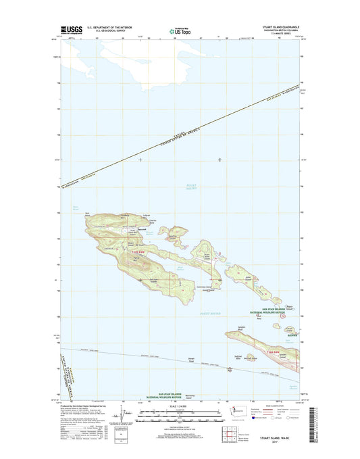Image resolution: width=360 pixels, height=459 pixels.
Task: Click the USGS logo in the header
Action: click(x=56, y=30)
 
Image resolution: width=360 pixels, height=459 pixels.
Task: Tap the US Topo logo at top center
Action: click(x=179, y=30)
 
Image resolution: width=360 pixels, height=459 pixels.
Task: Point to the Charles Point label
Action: click(x=153, y=222)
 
